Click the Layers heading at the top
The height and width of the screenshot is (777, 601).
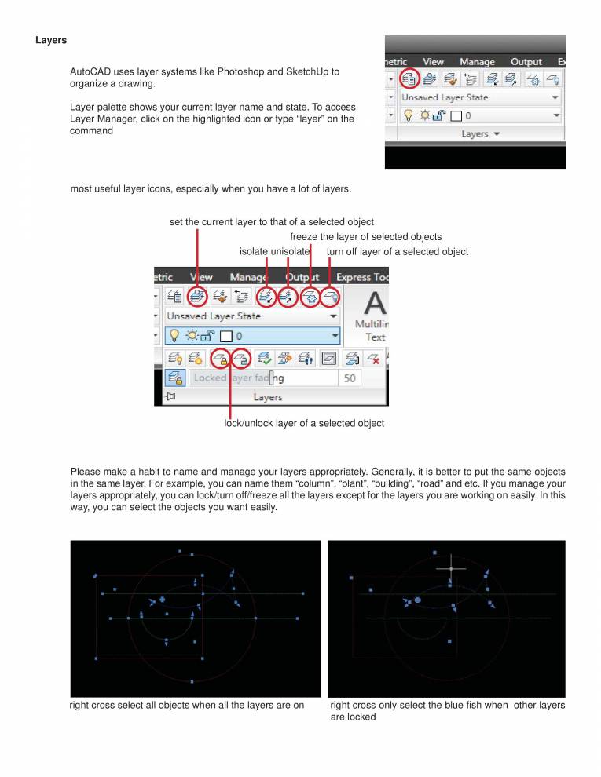51,40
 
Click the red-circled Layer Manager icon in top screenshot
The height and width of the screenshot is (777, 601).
409,78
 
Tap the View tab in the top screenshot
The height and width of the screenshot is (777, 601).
433,61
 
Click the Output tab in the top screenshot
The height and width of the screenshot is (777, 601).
526,61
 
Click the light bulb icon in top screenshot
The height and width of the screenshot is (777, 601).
408,115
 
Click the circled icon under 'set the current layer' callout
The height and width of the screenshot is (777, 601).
197,296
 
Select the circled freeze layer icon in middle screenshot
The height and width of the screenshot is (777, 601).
311,297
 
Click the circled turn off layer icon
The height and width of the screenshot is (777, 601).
332,297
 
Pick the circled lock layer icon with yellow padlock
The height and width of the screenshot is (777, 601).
221,358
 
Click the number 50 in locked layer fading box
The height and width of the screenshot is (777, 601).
350,378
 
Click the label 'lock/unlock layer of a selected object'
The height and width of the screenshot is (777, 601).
304,423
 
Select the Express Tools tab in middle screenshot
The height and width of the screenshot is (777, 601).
361,277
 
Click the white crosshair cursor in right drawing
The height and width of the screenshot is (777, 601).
450,568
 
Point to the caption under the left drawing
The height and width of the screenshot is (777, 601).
187,705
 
